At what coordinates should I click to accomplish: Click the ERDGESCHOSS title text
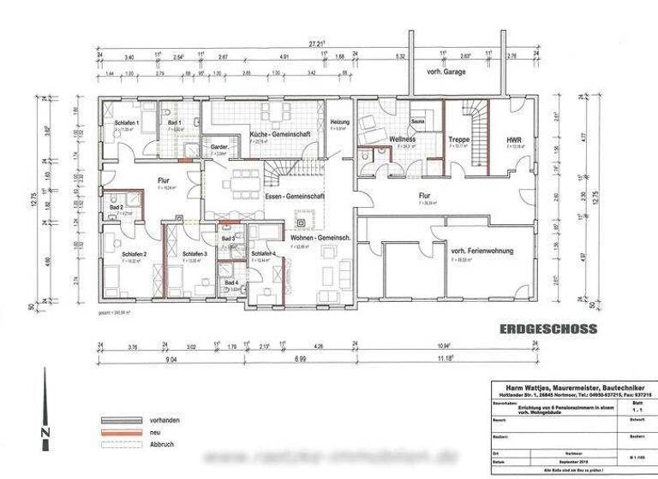(547, 328)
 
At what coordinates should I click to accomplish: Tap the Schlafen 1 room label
(128, 124)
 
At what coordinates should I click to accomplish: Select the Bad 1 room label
(175, 123)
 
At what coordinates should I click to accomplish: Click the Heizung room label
(341, 123)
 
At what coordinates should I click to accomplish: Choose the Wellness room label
(402, 139)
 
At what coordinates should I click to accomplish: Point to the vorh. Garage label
(446, 73)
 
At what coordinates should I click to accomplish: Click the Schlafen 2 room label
(135, 255)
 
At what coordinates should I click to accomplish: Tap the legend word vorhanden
(162, 422)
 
